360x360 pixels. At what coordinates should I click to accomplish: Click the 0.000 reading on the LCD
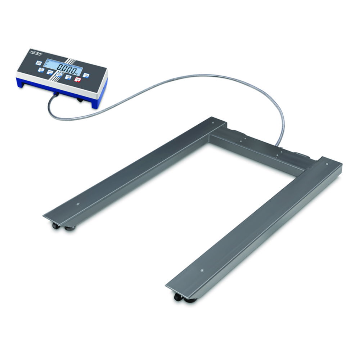(x=67, y=68)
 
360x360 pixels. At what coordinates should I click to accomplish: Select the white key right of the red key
(x=86, y=75)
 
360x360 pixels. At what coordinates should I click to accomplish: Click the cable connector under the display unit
(x=56, y=94)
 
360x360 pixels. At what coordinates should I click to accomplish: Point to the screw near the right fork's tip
(x=202, y=270)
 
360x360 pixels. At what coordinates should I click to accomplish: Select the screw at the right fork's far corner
(x=327, y=164)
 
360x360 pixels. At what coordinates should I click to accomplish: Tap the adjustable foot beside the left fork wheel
(x=69, y=228)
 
